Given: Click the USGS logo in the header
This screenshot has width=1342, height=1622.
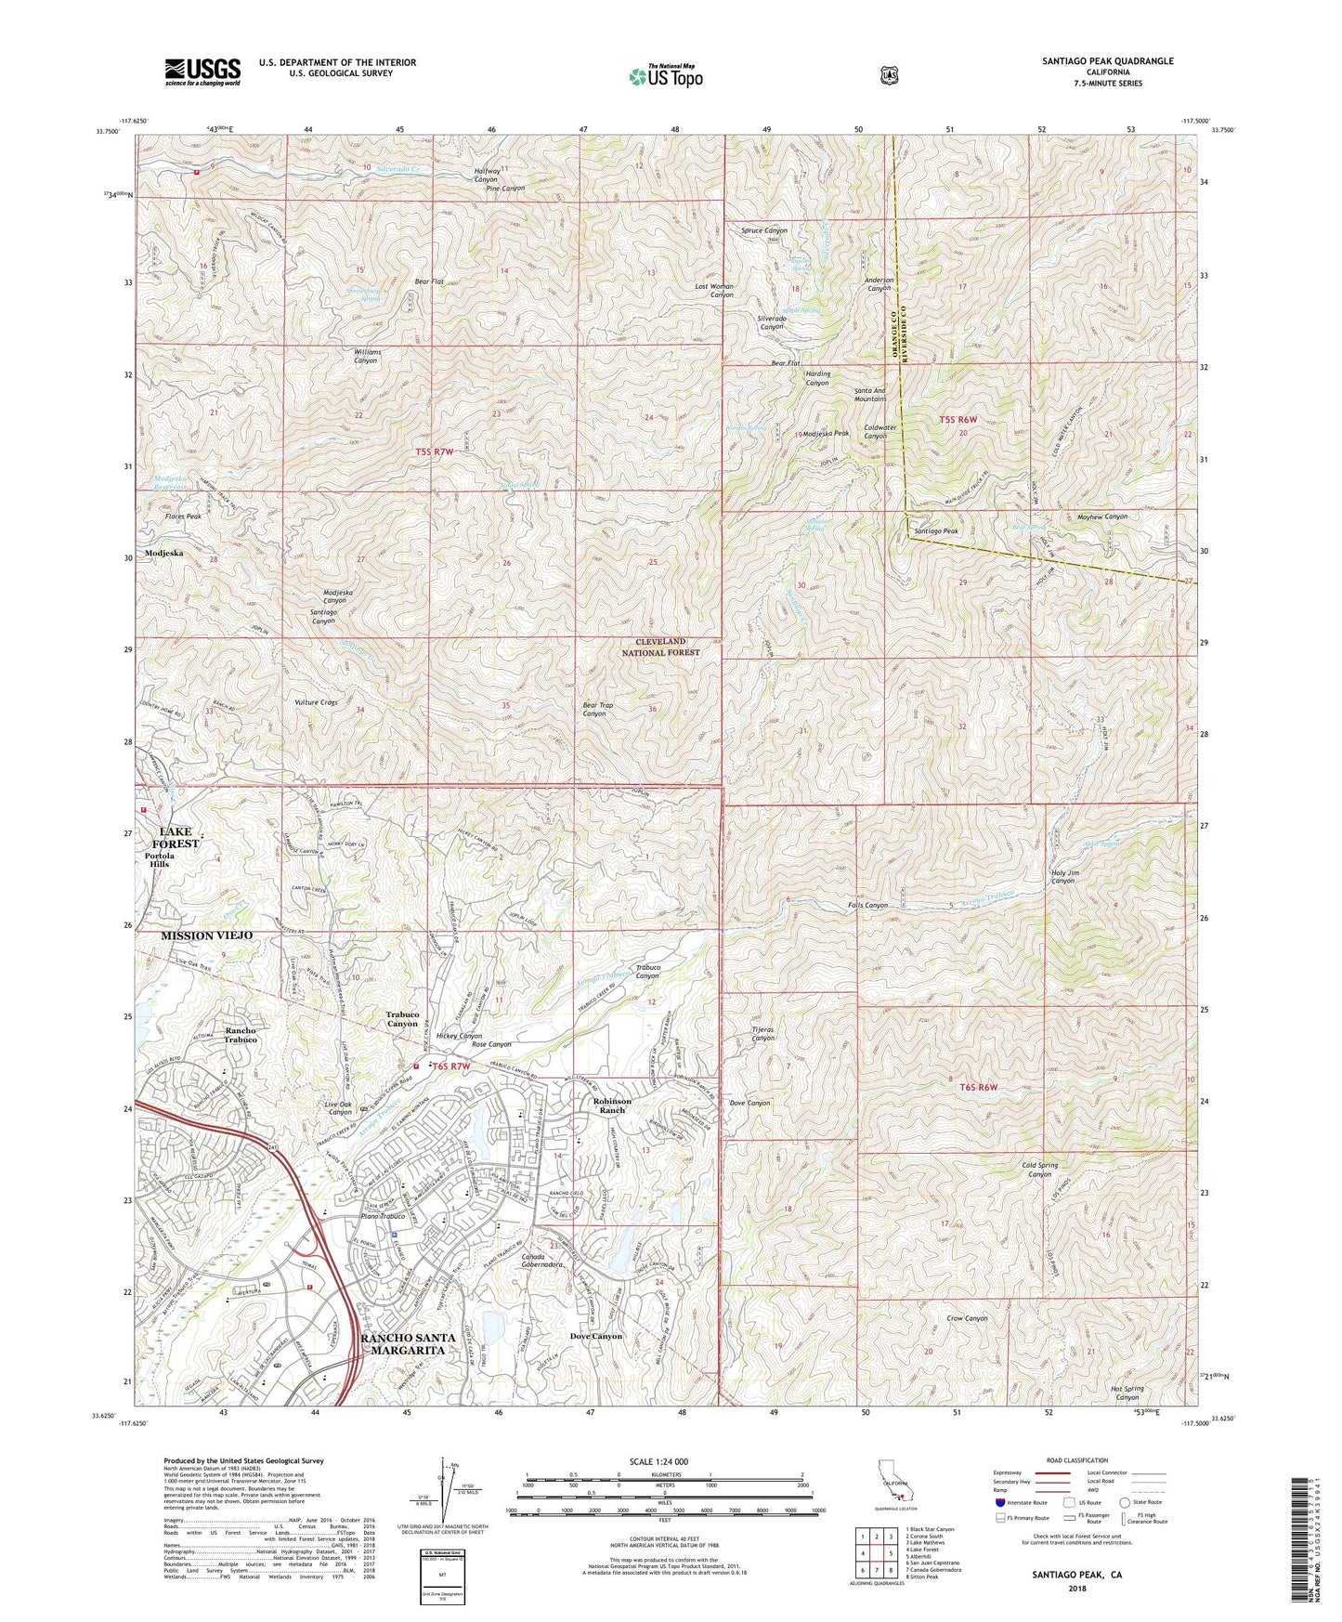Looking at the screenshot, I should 202,71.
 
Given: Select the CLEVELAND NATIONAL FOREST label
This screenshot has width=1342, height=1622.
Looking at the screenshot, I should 660,647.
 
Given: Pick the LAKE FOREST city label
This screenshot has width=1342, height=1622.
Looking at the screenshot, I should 179,837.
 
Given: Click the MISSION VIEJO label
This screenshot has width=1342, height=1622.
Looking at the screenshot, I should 193,935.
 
